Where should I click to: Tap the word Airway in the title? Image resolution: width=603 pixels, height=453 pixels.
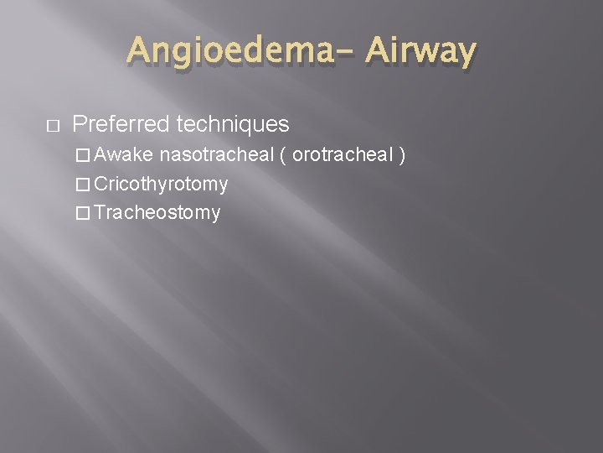click(421, 52)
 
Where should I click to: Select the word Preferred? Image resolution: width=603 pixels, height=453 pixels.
click(121, 125)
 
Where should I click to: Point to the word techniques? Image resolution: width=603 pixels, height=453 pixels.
click(232, 125)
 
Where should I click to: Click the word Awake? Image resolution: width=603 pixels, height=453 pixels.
click(125, 155)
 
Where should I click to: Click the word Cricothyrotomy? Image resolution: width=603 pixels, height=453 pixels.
click(161, 184)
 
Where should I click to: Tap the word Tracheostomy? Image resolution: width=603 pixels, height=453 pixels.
click(157, 213)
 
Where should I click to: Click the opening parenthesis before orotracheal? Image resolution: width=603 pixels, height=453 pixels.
click(285, 156)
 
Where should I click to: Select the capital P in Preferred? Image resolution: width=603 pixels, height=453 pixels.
click(80, 125)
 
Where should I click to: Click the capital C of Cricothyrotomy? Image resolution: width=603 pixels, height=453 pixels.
click(101, 184)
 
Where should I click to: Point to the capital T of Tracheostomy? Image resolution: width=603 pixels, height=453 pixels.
click(100, 213)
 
